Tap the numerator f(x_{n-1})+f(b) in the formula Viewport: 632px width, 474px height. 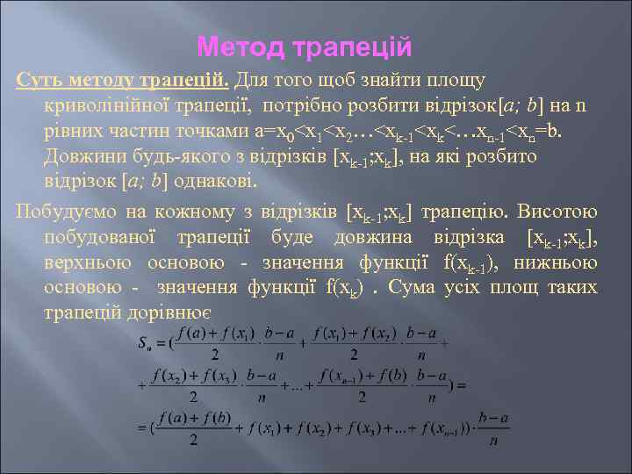click(371, 377)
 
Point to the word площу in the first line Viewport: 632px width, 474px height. click(453, 82)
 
